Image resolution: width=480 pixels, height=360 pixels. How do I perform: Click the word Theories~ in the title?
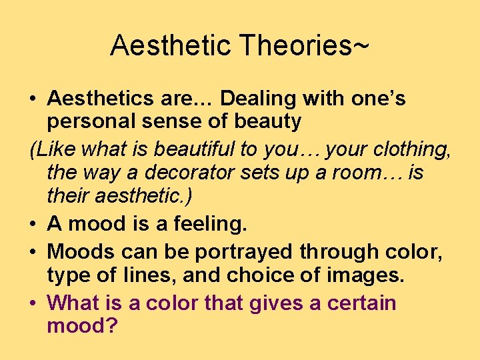tap(304, 46)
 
